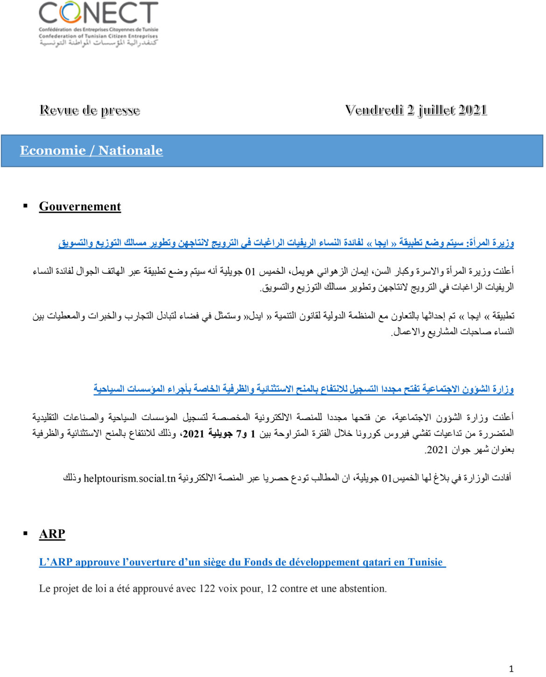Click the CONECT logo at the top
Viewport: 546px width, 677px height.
[x=98, y=23]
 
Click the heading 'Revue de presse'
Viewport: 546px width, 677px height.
[x=90, y=111]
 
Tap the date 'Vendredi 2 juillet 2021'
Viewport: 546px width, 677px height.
[x=416, y=110]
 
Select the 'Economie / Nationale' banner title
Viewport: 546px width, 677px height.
[x=91, y=151]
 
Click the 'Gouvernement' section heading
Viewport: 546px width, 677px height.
[x=80, y=207]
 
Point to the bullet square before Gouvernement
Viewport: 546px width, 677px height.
[x=26, y=206]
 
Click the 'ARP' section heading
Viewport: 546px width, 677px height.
[x=52, y=534]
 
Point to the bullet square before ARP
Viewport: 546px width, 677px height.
[x=26, y=533]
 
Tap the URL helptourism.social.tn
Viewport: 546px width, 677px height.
[x=129, y=479]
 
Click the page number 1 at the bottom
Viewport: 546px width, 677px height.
[x=511, y=669]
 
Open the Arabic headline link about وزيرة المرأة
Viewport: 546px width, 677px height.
[x=286, y=243]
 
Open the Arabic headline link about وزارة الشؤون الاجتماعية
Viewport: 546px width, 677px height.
[x=303, y=389]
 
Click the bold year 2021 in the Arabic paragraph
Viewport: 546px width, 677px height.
[x=193, y=434]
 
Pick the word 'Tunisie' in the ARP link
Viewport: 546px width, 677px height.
[x=425, y=562]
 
